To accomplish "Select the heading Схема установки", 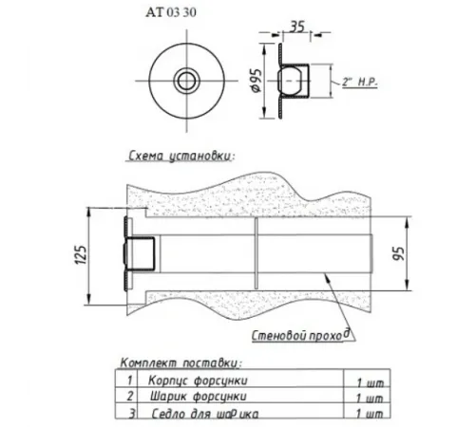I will click(181, 154).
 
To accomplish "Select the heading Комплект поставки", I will click(180, 363).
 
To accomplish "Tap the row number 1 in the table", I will click(129, 379).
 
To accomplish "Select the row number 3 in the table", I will click(129, 413).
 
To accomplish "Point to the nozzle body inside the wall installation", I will click(142, 253).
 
